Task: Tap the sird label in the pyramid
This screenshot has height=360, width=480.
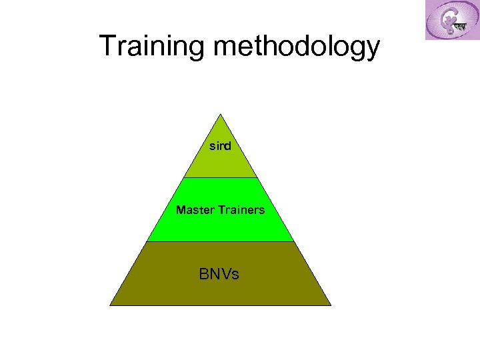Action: [x=220, y=145]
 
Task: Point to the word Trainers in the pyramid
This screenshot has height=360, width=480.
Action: [x=239, y=210]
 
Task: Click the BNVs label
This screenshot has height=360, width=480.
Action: [x=219, y=274]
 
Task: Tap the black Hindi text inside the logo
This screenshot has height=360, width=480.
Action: [x=459, y=27]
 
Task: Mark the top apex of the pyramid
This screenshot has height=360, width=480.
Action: [x=220, y=114]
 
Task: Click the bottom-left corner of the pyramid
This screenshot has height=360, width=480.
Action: [x=111, y=305]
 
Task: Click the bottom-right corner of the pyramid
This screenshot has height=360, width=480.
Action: [x=330, y=305]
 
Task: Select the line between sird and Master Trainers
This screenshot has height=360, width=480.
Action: [x=220, y=178]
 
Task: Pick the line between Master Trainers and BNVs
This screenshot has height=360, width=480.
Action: [x=220, y=241]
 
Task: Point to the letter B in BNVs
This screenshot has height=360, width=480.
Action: [x=203, y=274]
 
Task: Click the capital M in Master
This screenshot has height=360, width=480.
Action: [x=180, y=210]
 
